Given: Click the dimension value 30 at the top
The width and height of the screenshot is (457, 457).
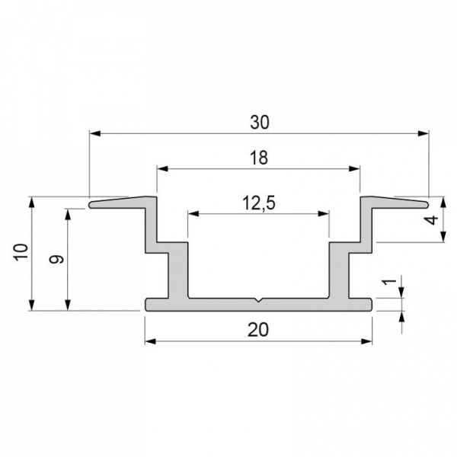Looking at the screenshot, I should coord(259,121).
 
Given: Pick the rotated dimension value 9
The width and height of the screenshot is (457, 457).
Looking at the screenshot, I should coord(56,259).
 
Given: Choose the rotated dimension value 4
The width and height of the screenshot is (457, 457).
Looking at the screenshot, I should coord(432,220).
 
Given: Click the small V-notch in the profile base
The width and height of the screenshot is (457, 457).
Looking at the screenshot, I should coord(259,301).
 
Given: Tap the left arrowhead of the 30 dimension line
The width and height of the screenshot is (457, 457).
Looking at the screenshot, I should coord(94,133).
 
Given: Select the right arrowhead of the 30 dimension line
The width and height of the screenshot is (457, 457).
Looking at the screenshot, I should coord(424,133).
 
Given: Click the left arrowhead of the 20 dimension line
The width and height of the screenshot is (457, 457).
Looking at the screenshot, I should coord(149,340).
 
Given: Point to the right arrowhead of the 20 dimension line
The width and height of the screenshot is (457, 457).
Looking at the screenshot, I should coord(369,340).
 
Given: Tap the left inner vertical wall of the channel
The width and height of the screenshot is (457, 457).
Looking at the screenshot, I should coord(187,270).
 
